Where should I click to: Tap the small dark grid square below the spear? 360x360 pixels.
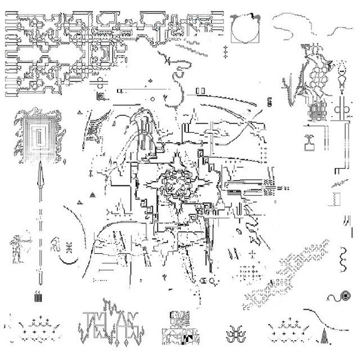pyautogui.click(x=40, y=296)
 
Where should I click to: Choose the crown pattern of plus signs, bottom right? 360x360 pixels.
pyautogui.click(x=287, y=328)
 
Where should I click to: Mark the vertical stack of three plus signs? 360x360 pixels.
pyautogui.click(x=226, y=52)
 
